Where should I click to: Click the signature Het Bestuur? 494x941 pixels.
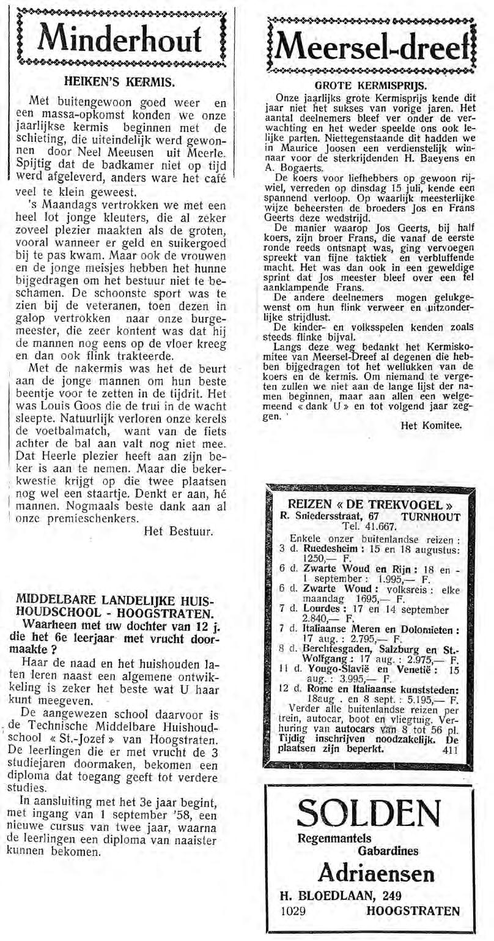pos(178,531)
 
